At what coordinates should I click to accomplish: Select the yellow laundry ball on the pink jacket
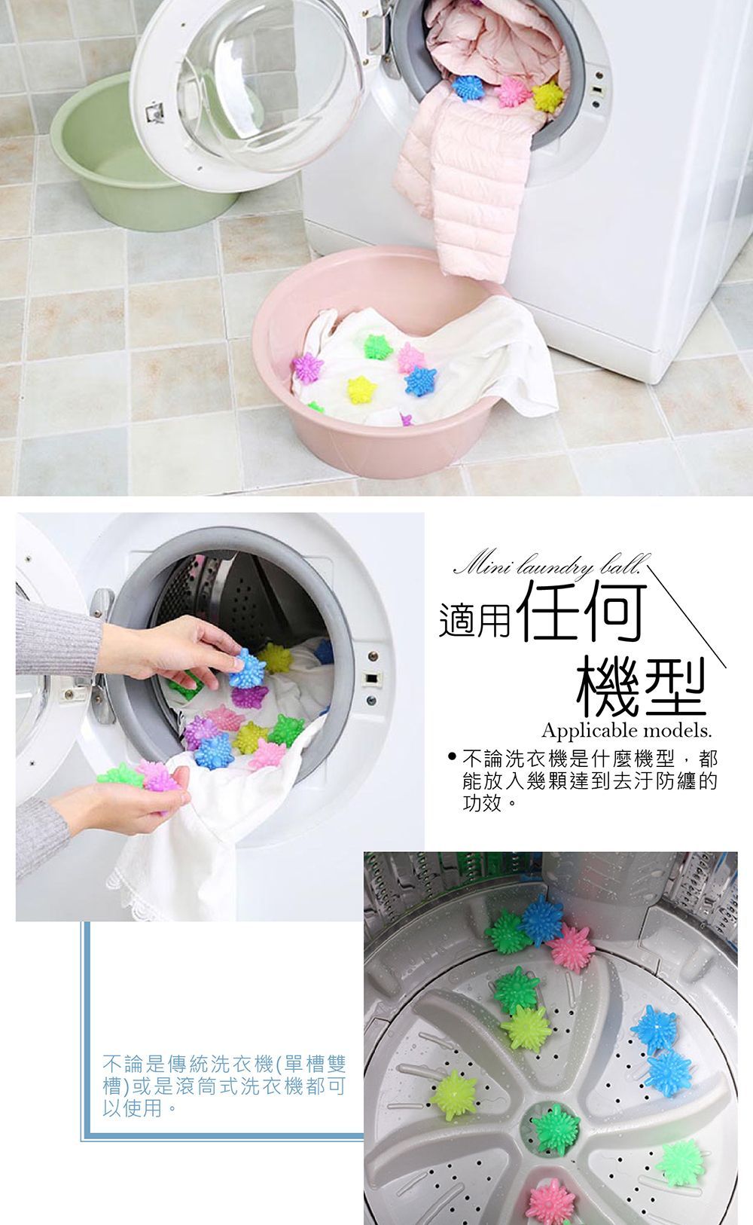(547, 96)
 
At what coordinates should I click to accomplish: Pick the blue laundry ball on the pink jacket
(468, 87)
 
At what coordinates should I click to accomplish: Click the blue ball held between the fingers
(247, 667)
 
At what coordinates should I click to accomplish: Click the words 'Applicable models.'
(626, 731)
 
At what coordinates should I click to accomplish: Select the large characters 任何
(581, 613)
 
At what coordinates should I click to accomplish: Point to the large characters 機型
(642, 686)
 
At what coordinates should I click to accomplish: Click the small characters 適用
(474, 622)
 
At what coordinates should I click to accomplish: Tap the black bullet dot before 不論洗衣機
(452, 757)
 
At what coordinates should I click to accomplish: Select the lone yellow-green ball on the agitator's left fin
(453, 1095)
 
